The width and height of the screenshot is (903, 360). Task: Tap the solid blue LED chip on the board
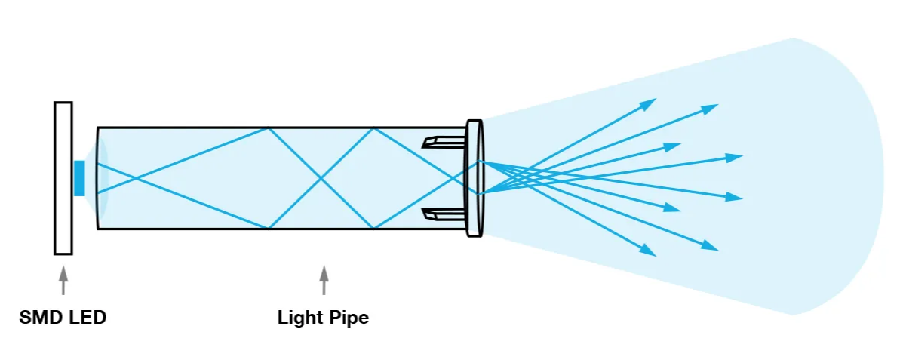pos(79,178)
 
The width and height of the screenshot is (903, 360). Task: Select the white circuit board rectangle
pos(63,178)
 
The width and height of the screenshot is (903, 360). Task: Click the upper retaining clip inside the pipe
pos(441,141)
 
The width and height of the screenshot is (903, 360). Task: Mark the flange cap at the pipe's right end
pos(475,178)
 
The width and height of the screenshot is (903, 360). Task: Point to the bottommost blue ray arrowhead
pos(648,251)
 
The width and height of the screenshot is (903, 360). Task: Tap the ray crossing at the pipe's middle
pos(321,178)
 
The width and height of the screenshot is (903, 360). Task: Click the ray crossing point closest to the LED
pos(137,178)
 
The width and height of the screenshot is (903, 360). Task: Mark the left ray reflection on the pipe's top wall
pos(269,128)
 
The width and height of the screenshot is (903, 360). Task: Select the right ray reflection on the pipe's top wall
pos(373,128)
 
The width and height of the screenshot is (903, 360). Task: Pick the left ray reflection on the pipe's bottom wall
pos(269,228)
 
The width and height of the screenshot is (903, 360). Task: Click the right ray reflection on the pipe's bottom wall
pos(373,228)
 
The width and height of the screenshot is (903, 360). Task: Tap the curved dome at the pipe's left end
pos(103,178)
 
